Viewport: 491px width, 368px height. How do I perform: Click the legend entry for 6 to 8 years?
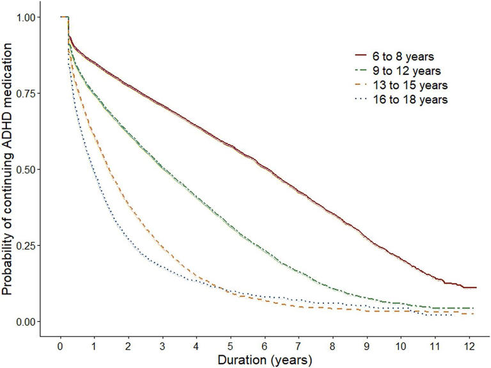[408, 56]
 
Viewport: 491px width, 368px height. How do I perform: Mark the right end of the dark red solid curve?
[476, 287]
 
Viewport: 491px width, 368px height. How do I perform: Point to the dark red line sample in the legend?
[366, 56]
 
